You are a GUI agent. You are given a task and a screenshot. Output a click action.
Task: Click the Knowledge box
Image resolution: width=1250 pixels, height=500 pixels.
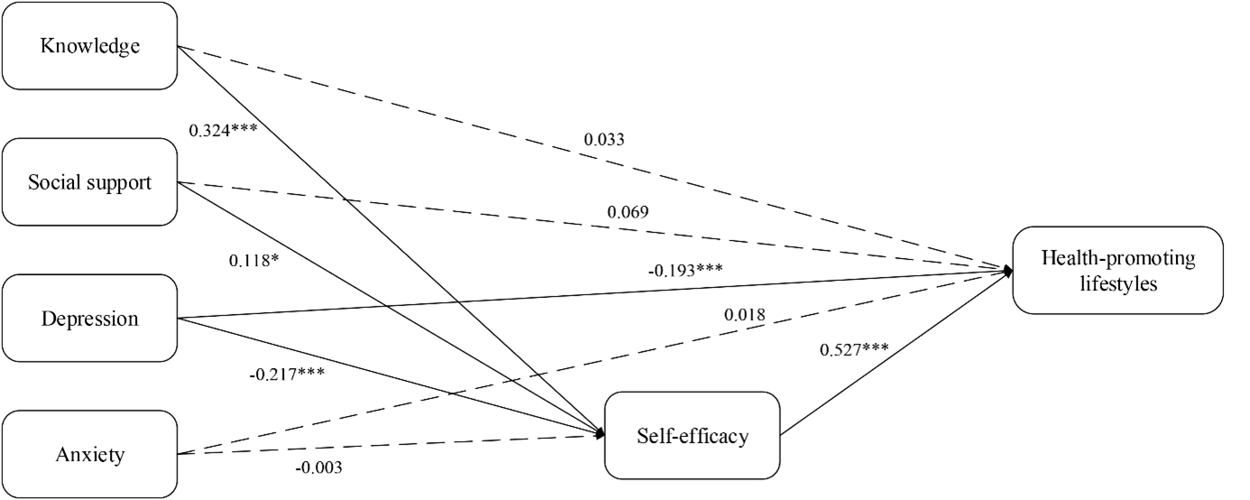click(89, 45)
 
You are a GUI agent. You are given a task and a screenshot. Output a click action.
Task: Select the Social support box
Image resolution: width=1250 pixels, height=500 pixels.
click(89, 182)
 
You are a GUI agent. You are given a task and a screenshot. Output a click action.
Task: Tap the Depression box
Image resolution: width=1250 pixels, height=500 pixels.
click(89, 319)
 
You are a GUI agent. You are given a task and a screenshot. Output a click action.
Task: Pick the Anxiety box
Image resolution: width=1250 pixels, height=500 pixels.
click(89, 454)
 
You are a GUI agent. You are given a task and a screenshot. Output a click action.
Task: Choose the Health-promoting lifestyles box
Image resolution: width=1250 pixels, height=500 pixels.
click(1117, 271)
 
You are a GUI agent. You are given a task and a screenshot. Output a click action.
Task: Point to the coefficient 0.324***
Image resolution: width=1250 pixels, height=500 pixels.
click(223, 129)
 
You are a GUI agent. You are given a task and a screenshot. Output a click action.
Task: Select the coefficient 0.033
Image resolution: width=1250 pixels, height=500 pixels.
click(604, 140)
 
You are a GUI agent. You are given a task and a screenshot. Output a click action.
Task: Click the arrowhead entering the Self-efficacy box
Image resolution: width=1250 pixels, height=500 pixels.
click(599, 434)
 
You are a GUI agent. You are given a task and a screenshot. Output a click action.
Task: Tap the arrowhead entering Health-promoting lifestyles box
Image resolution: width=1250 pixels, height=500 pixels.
click(1006, 269)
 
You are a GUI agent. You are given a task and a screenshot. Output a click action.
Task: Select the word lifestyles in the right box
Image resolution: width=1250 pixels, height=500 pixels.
click(1117, 283)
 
